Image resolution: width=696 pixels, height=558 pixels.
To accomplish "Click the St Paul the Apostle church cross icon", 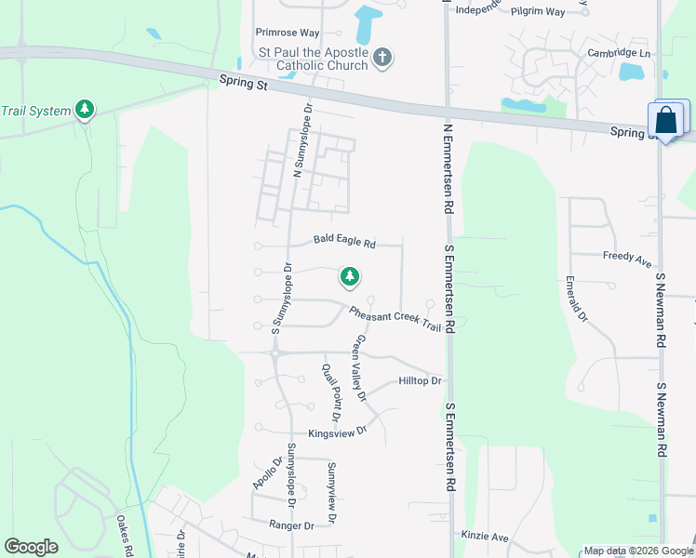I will point(381,60).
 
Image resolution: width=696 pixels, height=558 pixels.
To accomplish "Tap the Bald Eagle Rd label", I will point(343,241).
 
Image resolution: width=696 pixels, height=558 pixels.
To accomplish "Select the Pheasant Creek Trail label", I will point(395,316).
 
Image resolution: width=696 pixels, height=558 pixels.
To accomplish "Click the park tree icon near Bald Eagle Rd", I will point(350,276).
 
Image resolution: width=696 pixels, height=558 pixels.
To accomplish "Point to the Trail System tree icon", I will point(85,111).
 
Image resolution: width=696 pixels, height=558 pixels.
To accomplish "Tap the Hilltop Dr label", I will point(419,381).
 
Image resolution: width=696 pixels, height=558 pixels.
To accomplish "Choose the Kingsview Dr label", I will point(338,432).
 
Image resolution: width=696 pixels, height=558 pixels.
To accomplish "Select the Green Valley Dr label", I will point(358,369).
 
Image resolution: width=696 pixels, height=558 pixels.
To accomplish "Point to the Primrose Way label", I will point(288,32).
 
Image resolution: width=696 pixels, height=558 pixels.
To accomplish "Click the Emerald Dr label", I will point(575,299).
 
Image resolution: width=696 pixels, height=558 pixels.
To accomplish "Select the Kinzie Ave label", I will point(485,537).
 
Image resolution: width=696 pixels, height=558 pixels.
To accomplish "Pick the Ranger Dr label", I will point(290,525).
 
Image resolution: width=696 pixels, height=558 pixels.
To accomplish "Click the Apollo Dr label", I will point(264,474).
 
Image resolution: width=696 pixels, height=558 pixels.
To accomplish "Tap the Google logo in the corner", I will point(32,547).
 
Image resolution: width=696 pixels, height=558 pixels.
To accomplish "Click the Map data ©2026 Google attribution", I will point(638,551).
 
